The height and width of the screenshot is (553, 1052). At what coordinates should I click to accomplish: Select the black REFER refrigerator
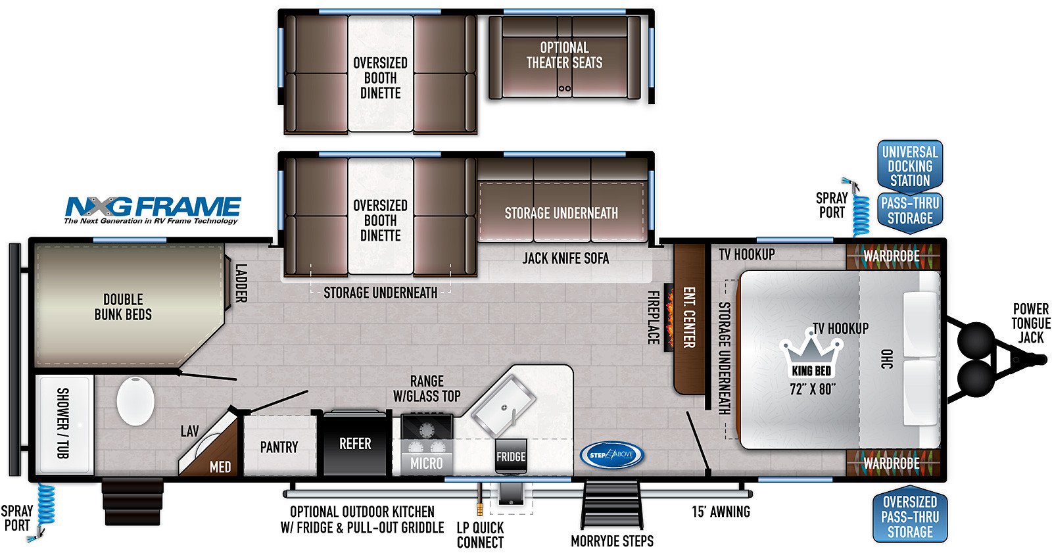click(x=356, y=443)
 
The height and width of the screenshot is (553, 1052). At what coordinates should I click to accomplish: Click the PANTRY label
click(x=279, y=447)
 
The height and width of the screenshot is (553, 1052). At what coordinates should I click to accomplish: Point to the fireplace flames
click(x=669, y=318)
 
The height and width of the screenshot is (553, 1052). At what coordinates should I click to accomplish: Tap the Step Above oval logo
click(x=611, y=455)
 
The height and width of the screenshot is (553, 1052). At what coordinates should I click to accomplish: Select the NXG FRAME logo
click(x=153, y=210)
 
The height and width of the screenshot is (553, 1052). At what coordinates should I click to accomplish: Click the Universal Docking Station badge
click(x=910, y=166)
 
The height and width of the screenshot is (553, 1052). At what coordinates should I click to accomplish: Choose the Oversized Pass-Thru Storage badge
click(x=910, y=516)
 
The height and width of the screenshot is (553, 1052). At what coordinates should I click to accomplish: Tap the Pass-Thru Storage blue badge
click(x=910, y=212)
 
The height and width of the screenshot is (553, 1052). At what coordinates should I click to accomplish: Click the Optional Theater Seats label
click(x=564, y=55)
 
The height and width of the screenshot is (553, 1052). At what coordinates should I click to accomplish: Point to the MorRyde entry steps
click(x=611, y=504)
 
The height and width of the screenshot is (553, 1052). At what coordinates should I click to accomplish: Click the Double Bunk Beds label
click(x=123, y=307)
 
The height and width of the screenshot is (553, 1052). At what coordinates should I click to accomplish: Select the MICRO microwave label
click(x=427, y=464)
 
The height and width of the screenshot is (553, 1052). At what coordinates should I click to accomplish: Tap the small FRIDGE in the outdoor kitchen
click(x=511, y=456)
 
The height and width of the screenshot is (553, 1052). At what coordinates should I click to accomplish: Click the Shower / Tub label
click(x=62, y=423)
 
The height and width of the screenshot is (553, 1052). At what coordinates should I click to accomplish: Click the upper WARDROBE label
click(x=892, y=256)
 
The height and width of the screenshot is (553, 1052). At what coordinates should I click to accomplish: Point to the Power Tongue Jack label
click(x=1031, y=324)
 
